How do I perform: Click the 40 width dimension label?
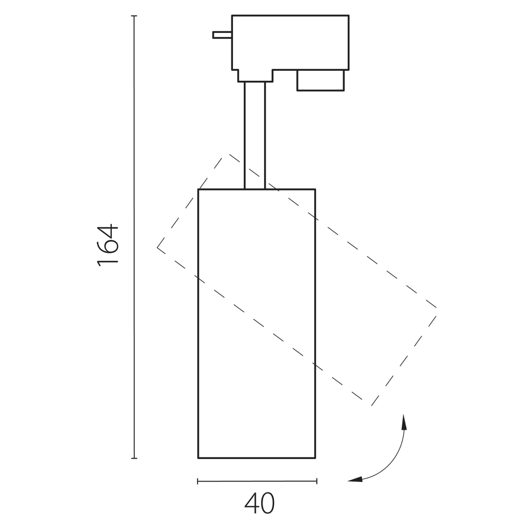tap(259, 503)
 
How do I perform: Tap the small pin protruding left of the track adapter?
tap(222, 35)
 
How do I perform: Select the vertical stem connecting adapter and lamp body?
tap(255, 135)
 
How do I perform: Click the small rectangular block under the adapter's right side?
tap(320, 80)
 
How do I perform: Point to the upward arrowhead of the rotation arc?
tap(404, 422)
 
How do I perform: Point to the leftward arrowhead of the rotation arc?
tap(355, 480)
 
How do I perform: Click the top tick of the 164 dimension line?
tap(134, 16)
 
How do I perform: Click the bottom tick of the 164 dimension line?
tap(134, 458)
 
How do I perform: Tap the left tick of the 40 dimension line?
tap(198, 481)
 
